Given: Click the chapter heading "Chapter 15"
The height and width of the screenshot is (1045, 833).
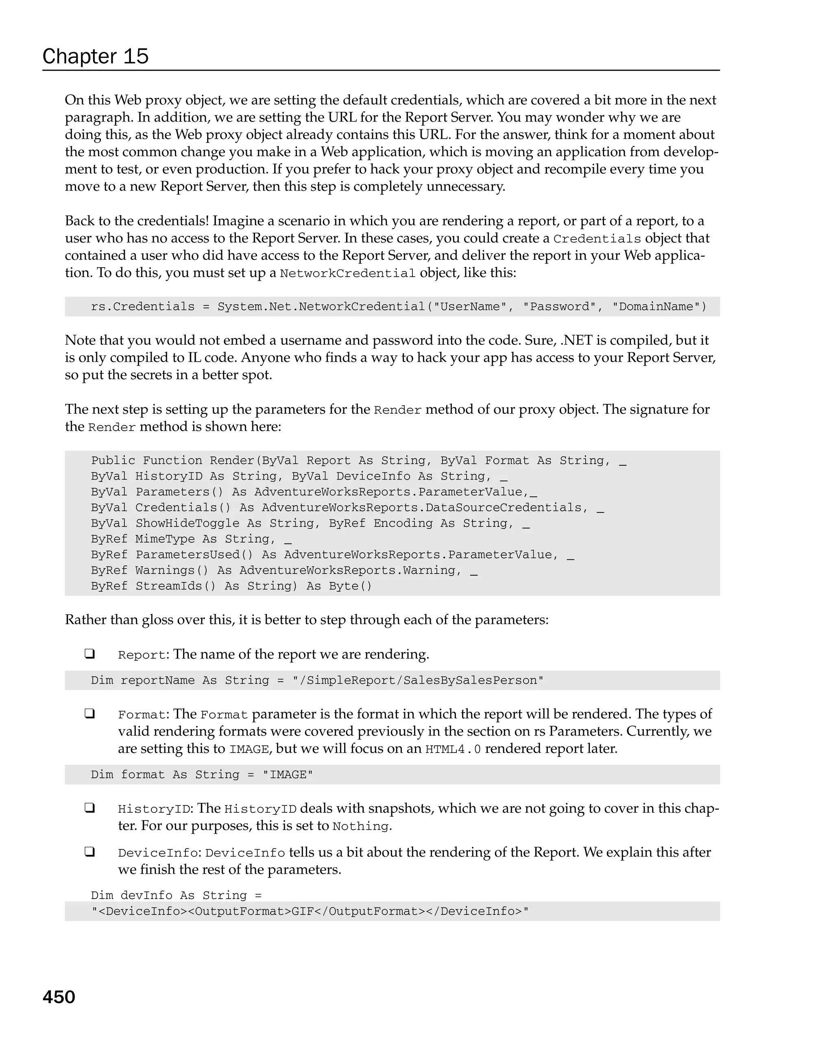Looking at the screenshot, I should (x=96, y=56).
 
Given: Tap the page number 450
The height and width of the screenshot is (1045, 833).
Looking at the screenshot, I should (x=59, y=997).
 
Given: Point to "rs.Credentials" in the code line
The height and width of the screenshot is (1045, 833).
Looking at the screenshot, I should (x=142, y=307).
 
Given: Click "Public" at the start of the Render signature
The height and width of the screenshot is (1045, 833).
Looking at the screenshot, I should (x=113, y=460).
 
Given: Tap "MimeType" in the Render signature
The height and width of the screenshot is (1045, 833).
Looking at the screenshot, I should (x=165, y=539).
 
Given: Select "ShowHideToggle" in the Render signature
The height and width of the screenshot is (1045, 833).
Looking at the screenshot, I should (x=187, y=524).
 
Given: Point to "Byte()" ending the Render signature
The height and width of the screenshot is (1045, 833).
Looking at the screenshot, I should (x=350, y=586).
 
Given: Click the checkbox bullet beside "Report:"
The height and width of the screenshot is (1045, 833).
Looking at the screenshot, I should (x=89, y=654).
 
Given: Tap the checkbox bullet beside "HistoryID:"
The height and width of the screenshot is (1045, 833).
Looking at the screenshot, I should (x=89, y=808).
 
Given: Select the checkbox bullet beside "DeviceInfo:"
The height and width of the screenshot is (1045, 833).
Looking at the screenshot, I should (x=89, y=852).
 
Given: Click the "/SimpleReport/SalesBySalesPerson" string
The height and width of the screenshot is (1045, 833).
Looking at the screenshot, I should (x=418, y=681).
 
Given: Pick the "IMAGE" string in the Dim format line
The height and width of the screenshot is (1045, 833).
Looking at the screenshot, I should (x=288, y=774).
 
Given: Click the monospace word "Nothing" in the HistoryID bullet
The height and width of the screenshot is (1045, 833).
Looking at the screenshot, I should (x=361, y=826).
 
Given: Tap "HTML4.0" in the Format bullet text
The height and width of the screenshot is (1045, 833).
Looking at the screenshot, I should (x=453, y=749).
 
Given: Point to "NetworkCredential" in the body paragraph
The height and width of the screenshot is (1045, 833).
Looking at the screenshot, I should (x=347, y=273).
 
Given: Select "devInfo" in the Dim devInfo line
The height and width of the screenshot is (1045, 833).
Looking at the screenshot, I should (x=146, y=896).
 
